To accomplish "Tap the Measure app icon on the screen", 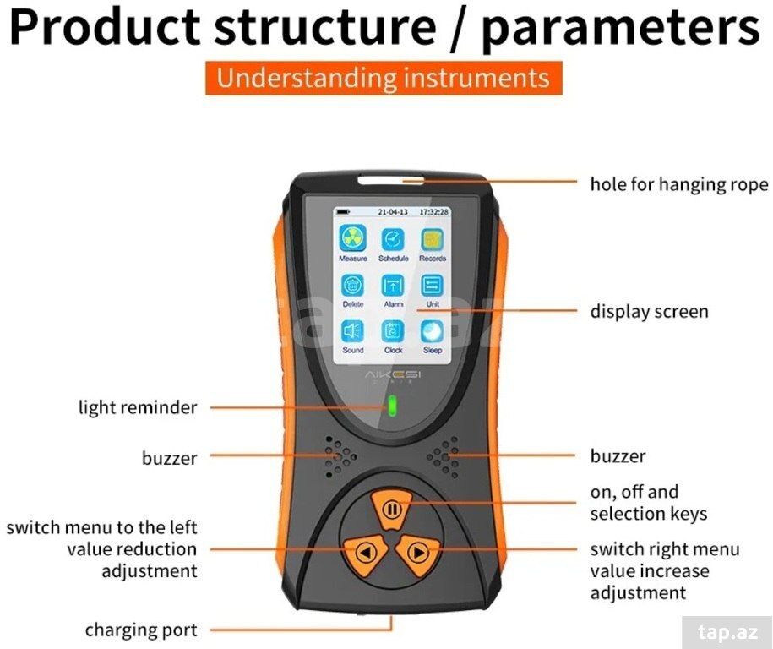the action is pyautogui.click(x=353, y=238).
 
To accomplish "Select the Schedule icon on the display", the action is pyautogui.click(x=393, y=240).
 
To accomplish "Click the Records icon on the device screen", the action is pyautogui.click(x=433, y=240).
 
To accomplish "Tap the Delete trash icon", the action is pyautogui.click(x=353, y=285).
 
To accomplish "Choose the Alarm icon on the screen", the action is pyautogui.click(x=393, y=285).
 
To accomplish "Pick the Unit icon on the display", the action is pyautogui.click(x=433, y=285).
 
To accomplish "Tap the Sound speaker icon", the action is pyautogui.click(x=353, y=331).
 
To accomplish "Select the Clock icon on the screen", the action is pyautogui.click(x=393, y=331).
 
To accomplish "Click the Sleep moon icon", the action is pyautogui.click(x=433, y=331).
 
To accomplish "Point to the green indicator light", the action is pyautogui.click(x=393, y=406).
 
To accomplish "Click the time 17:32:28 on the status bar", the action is pyautogui.click(x=434, y=212).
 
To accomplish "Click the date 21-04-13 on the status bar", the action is pyautogui.click(x=393, y=212).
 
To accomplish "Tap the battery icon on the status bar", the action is pyautogui.click(x=343, y=212).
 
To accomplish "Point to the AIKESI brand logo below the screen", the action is pyautogui.click(x=393, y=375).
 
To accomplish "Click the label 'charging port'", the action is pyautogui.click(x=141, y=630).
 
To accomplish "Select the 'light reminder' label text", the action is pyautogui.click(x=138, y=408).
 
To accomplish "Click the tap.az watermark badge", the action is pyautogui.click(x=727, y=632).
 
